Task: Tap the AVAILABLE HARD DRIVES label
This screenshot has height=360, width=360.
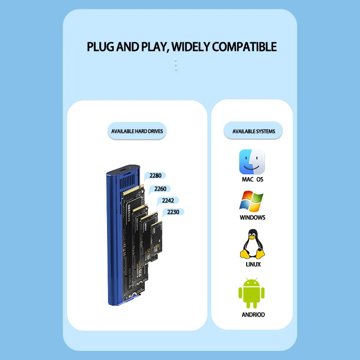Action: tap(137, 131)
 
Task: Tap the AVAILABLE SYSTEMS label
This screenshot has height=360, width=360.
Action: tap(253, 131)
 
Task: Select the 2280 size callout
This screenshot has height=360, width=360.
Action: tap(155, 176)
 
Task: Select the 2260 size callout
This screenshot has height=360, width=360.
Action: tap(160, 189)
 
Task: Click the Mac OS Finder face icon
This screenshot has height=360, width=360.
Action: tap(252, 162)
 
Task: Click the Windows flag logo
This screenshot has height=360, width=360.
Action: tap(252, 202)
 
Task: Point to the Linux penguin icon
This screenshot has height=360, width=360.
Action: tap(252, 244)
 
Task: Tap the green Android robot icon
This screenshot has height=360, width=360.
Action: tap(252, 293)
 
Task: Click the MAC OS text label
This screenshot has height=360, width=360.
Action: tap(252, 180)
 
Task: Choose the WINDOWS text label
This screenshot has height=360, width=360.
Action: tap(252, 217)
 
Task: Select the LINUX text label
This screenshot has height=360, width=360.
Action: tap(252, 264)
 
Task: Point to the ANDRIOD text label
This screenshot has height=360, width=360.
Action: tap(253, 315)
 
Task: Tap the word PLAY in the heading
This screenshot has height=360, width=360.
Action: tap(152, 47)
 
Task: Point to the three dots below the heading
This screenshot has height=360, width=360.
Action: tap(176, 65)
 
